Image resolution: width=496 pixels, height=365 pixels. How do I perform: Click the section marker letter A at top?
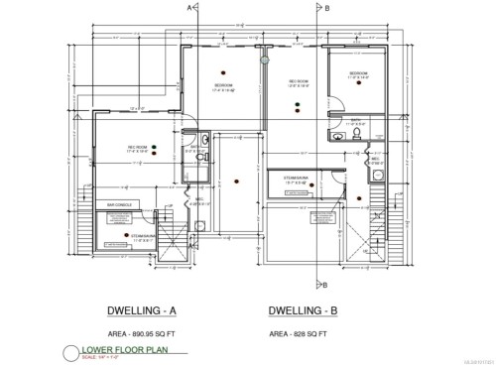click(187, 7)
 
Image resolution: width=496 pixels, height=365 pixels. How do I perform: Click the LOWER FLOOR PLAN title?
click(126, 350)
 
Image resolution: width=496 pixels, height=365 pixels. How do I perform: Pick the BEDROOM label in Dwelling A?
click(225, 85)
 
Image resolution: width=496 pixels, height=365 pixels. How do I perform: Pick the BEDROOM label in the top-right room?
click(359, 74)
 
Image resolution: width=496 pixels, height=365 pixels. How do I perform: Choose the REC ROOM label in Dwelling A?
click(138, 147)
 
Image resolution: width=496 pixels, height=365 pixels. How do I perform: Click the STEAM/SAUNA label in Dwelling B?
click(299, 181)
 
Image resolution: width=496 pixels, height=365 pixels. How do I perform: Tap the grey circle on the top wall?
click(264, 60)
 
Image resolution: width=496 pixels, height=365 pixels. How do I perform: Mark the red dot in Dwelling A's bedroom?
click(225, 70)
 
